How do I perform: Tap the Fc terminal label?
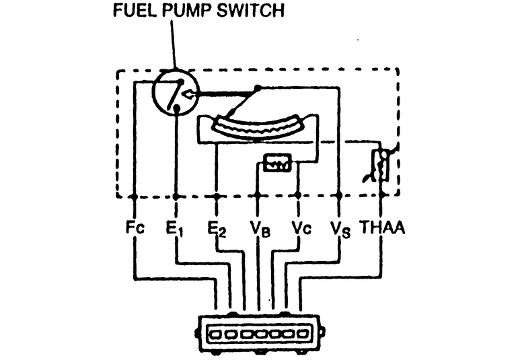(x=135, y=228)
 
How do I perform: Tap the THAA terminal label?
(x=381, y=228)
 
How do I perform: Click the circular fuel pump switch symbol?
(x=174, y=93)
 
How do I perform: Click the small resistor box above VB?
(x=277, y=164)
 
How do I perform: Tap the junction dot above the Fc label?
(x=135, y=196)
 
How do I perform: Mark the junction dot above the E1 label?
(x=176, y=196)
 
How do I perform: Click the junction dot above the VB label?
(x=258, y=196)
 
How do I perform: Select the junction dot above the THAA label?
(x=381, y=196)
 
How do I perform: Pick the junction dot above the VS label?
(x=339, y=196)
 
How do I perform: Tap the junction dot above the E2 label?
(x=217, y=196)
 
